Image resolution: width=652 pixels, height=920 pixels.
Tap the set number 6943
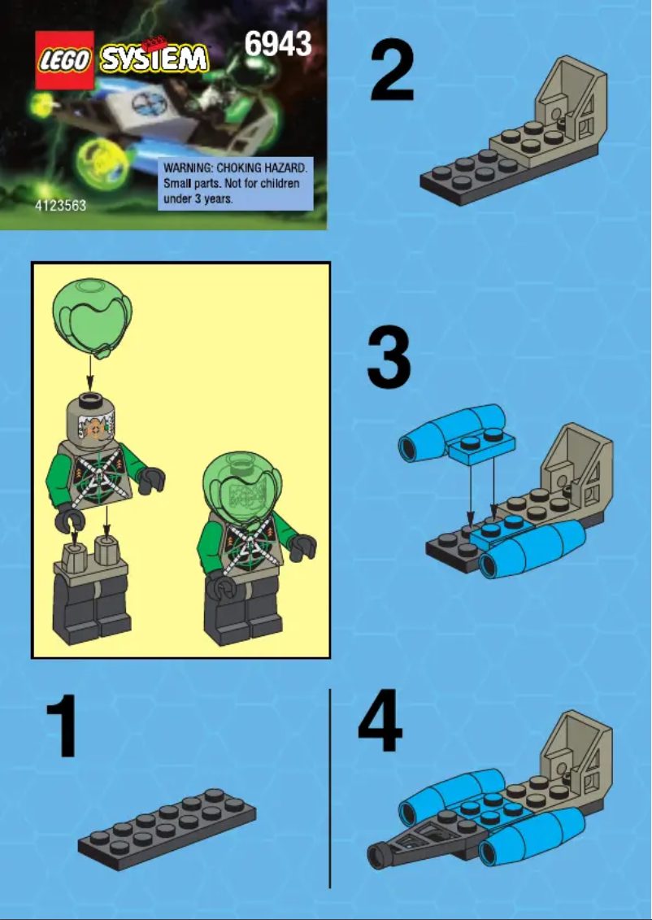point(278,44)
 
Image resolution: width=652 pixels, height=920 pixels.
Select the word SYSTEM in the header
point(154,59)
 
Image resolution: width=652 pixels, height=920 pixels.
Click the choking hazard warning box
point(235,183)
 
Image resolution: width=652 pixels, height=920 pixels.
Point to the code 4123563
point(61,206)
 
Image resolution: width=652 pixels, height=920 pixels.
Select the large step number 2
point(393,73)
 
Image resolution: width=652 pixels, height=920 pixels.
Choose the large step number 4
point(380,722)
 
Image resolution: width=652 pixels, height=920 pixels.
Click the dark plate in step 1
point(167,828)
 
